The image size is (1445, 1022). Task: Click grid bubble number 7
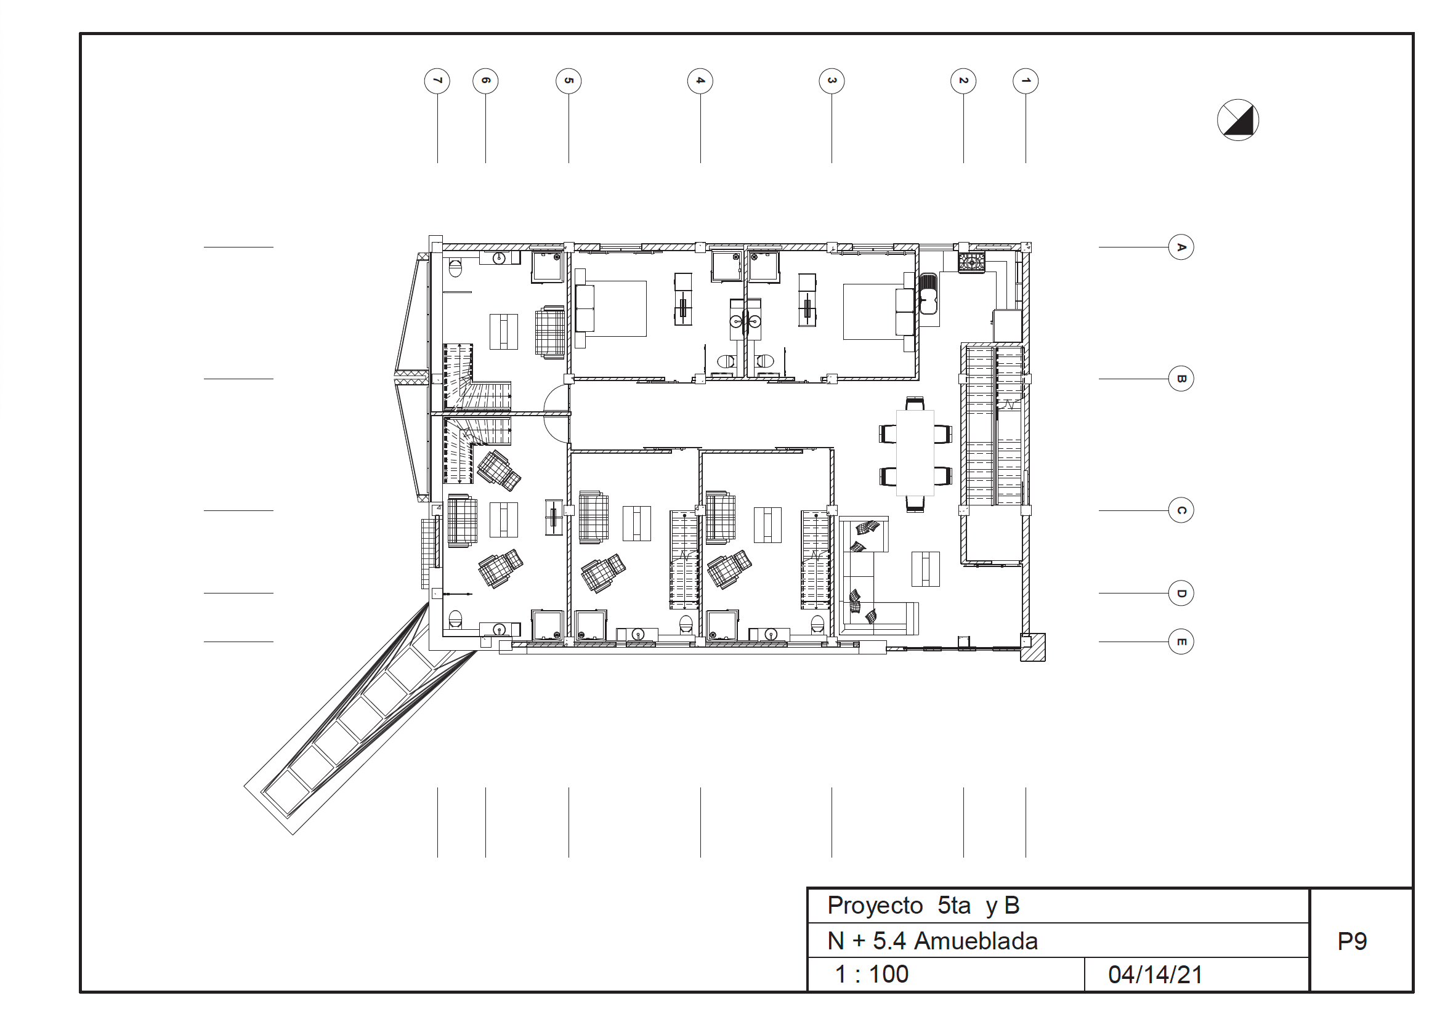coord(437,81)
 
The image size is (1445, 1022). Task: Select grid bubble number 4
coord(700,81)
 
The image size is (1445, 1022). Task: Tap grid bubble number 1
coord(1026,81)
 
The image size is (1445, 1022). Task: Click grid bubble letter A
coord(1181,247)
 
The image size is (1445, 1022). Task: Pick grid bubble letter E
coord(1181,642)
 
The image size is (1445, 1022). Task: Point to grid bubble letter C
coord(1181,510)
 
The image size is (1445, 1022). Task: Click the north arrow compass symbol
coord(1238,119)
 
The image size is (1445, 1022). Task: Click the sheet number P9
coord(1352,941)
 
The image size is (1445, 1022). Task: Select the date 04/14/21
coord(1155,975)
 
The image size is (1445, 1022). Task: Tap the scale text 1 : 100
coord(872,974)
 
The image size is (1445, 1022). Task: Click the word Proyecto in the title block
coord(875,906)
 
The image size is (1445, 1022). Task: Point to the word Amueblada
coord(976,941)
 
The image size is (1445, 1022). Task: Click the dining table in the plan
coord(915,453)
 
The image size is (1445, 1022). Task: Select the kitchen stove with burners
coord(971,262)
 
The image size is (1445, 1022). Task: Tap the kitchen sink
coord(928,294)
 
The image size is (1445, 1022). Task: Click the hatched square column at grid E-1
coord(1032,647)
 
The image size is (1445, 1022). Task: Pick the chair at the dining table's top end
coord(915,403)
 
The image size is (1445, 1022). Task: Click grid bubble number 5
coord(569,81)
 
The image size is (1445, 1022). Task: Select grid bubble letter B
coord(1181,379)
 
